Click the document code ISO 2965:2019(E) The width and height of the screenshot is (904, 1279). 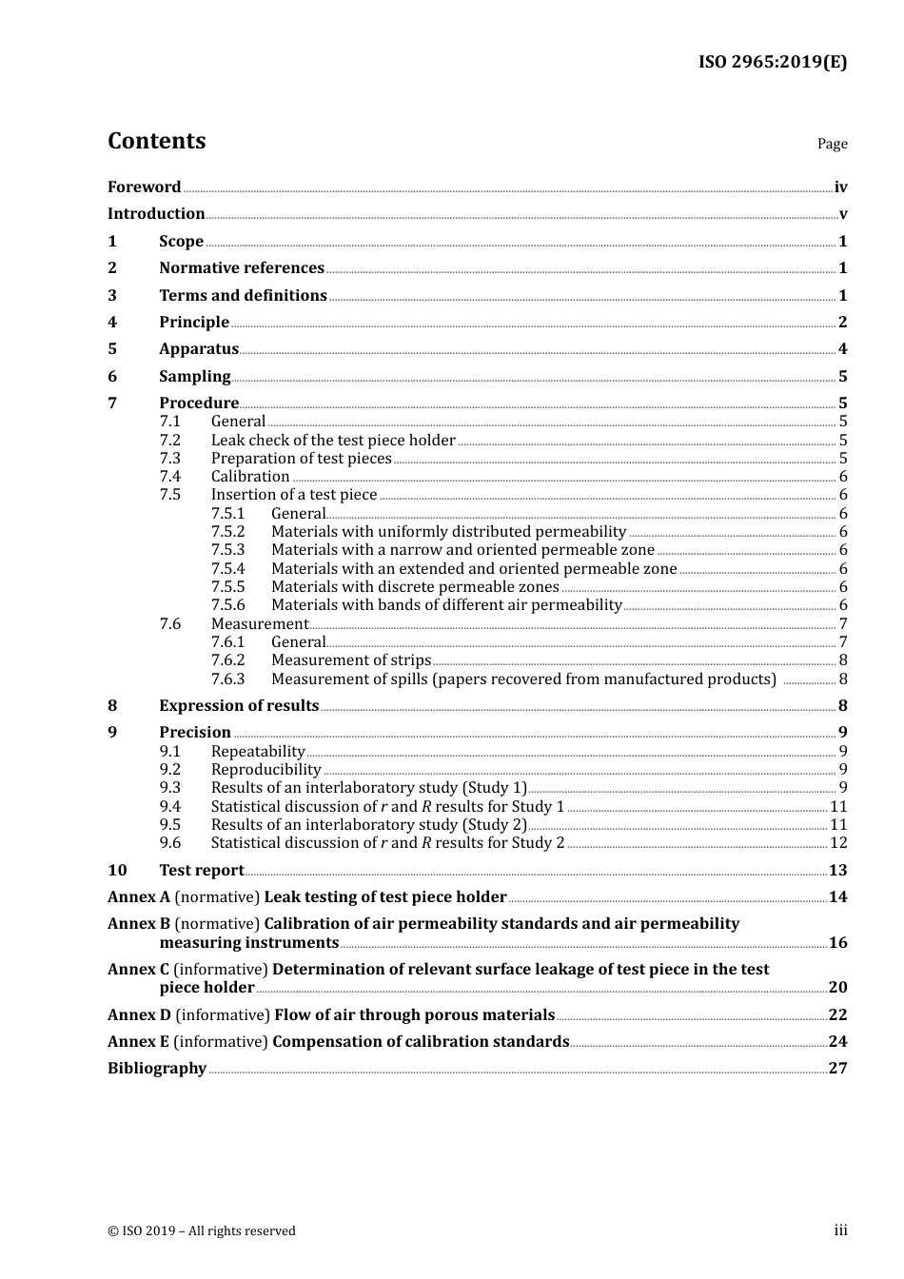point(772,62)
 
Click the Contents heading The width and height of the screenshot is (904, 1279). point(156,141)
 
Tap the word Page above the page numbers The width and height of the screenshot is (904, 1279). point(832,144)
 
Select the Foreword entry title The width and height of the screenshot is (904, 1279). point(144,187)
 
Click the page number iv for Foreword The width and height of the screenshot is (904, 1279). point(840,187)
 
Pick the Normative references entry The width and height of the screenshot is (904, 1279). point(242,268)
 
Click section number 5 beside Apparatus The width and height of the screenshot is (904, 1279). point(112,349)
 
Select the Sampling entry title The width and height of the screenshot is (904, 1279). point(195,376)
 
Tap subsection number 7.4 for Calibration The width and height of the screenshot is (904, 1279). point(169,477)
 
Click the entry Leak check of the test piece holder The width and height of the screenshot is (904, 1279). point(333,440)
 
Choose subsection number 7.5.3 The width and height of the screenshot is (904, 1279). point(227,550)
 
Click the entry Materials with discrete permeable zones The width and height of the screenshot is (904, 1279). point(415,587)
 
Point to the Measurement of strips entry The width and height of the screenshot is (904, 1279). point(351,660)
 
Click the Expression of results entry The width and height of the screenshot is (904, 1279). point(239,705)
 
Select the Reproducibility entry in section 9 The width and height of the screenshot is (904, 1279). point(265,770)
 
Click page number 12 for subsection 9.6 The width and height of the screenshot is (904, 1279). point(838,843)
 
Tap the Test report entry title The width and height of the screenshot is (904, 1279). point(202,870)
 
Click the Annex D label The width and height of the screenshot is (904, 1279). point(140,1014)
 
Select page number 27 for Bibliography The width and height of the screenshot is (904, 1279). point(837,1068)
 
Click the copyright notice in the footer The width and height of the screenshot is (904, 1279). point(202,1230)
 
